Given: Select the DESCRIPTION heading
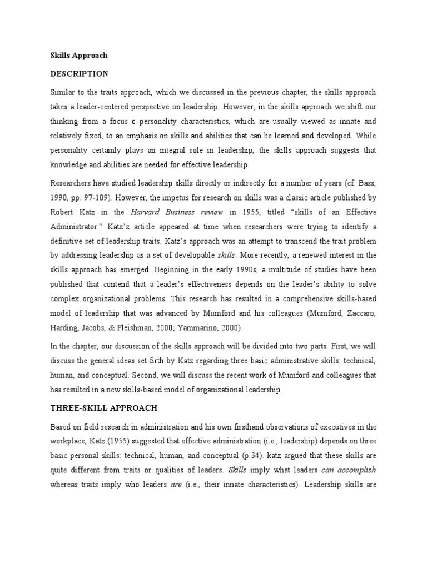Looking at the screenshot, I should pyautogui.click(x=79, y=74).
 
